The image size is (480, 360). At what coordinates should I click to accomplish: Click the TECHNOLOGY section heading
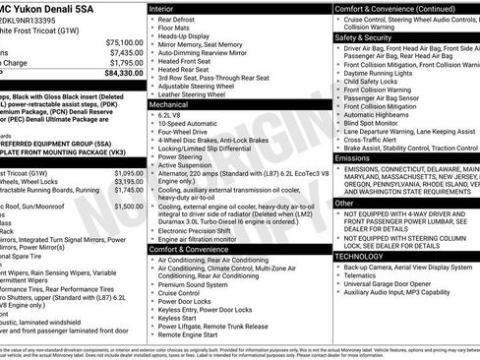click(360, 256)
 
